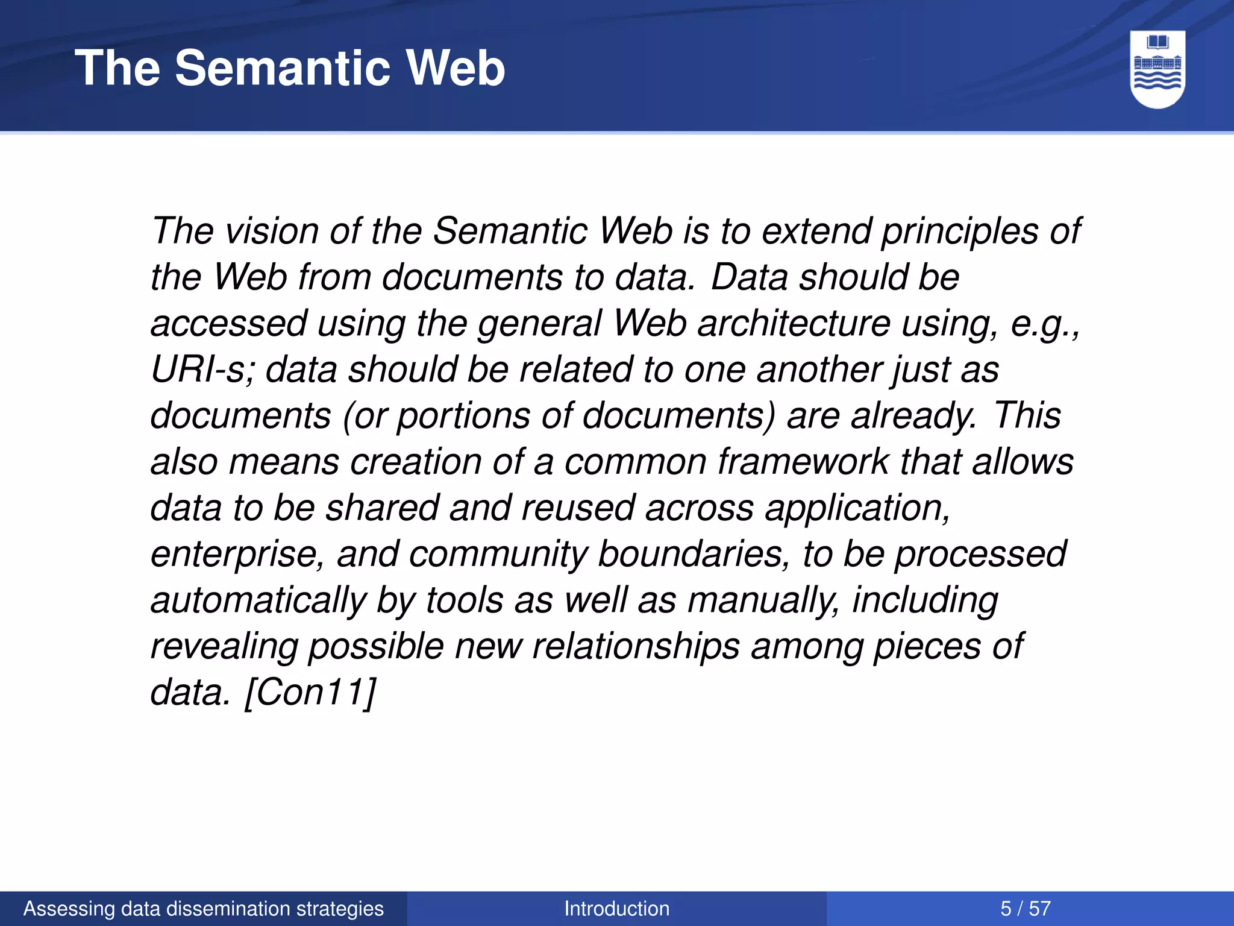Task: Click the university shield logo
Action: pyautogui.click(x=1157, y=70)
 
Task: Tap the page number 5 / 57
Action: pyautogui.click(x=1026, y=909)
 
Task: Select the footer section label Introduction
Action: pyautogui.click(x=616, y=909)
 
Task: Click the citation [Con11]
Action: pyautogui.click(x=310, y=692)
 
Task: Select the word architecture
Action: pyautogui.click(x=794, y=324)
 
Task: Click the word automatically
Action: pyautogui.click(x=258, y=601)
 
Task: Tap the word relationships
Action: pyautogui.click(x=636, y=647)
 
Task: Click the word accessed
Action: pyautogui.click(x=229, y=324)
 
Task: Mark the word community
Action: pyautogui.click(x=498, y=555)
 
